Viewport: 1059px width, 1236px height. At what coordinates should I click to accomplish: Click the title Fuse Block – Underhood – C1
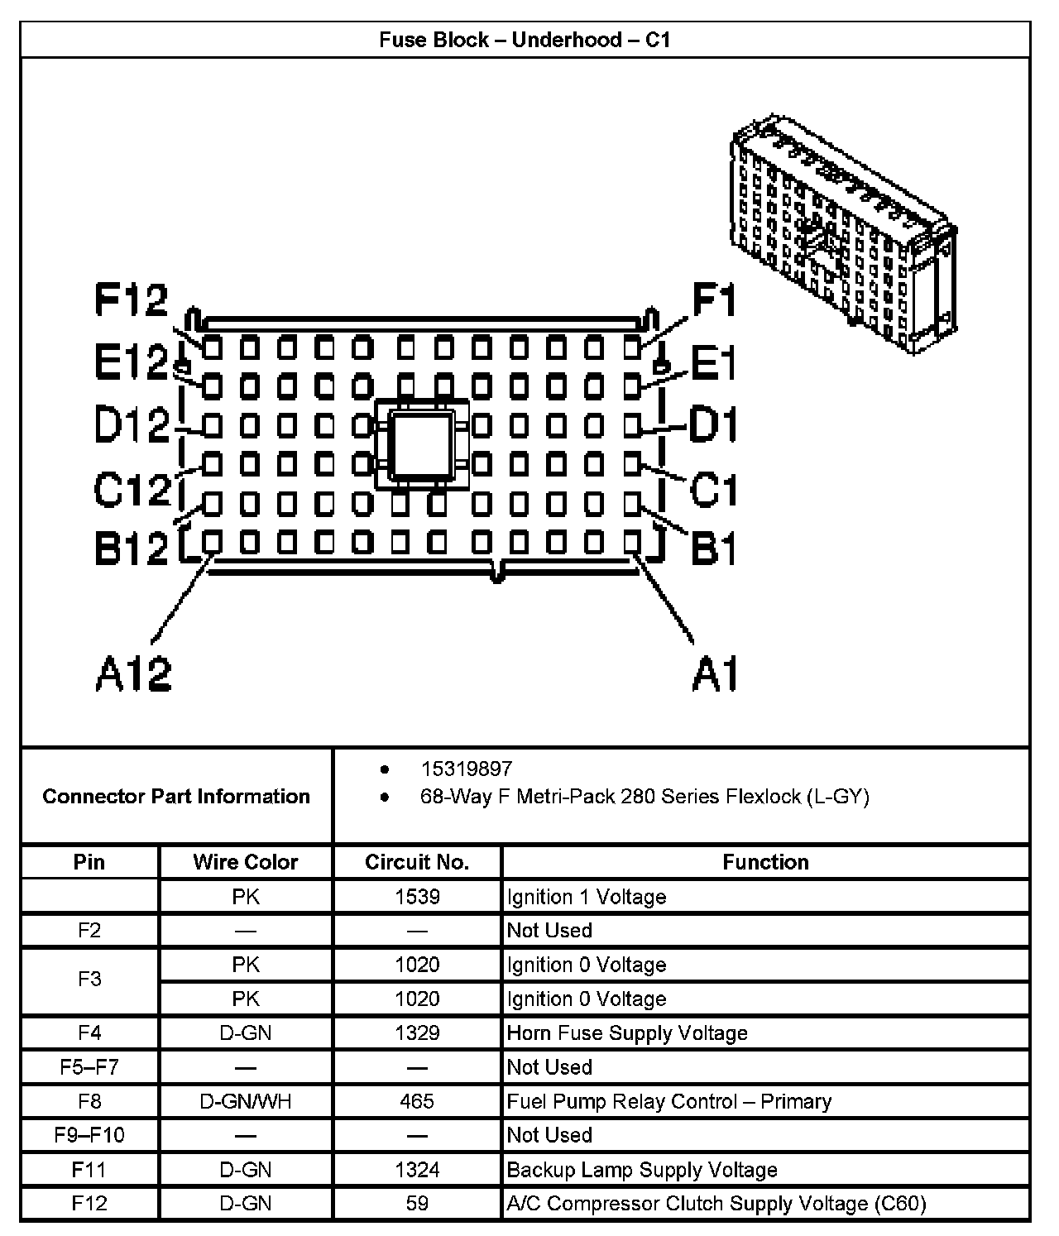coord(525,40)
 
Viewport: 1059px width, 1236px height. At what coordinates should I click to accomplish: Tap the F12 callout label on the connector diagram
coord(131,299)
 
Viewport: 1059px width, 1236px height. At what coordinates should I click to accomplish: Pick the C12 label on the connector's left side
coord(132,489)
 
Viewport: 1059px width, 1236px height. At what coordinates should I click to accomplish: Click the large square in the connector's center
coord(422,445)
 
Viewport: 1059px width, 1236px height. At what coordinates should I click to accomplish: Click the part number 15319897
coord(466,769)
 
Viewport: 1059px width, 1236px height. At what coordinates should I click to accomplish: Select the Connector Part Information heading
coord(176,796)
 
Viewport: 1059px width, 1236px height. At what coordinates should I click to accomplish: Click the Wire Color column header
coord(245,862)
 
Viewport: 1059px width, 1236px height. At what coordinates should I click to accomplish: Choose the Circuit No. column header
coord(417,862)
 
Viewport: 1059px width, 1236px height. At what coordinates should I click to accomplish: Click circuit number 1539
coord(417,897)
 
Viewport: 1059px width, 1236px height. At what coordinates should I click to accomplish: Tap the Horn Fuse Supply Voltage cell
coord(626,1032)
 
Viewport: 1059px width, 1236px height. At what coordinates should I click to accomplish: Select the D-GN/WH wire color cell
coord(245,1101)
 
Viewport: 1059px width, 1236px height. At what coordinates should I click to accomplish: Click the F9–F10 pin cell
coord(89,1135)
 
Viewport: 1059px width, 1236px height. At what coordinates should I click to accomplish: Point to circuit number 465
coord(417,1101)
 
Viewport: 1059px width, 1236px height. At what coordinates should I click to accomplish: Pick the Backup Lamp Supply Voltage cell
coord(641,1170)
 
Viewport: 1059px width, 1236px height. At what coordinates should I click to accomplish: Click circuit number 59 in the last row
coord(417,1203)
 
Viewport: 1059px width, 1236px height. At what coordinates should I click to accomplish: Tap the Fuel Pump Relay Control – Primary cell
coord(668,1101)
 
